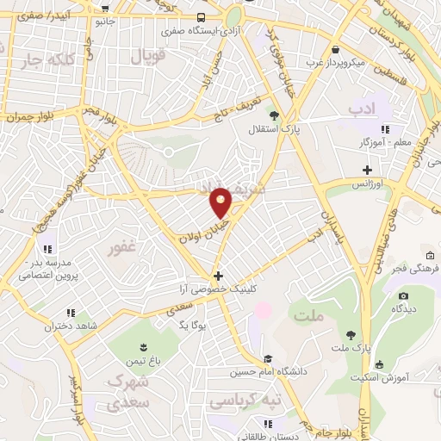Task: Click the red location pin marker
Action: pos(221,201)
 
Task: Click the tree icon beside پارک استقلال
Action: pos(274,115)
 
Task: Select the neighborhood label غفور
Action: pos(122,249)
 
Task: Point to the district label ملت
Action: pos(307,317)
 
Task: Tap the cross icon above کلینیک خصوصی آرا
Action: pos(219,276)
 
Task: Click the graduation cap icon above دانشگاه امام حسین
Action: pos(268,358)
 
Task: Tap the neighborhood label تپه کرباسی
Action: pos(243,402)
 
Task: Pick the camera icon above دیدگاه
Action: pos(402,296)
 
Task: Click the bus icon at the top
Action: pos(201,17)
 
